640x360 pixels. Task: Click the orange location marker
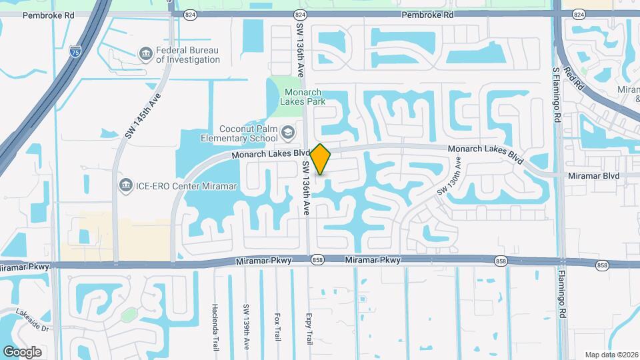pos(321,159)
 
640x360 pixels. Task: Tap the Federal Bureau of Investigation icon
pos(145,53)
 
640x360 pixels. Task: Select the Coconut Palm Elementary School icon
pos(288,132)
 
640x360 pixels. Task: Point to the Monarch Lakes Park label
pos(303,97)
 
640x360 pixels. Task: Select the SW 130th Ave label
pos(449,176)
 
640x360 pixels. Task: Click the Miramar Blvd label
pos(593,175)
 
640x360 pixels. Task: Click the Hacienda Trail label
pos(215,323)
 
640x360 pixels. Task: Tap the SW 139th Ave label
pos(246,323)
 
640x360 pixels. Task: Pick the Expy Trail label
pos(309,328)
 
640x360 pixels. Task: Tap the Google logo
pos(22,351)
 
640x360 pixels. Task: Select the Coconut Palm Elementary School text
pos(239,134)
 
